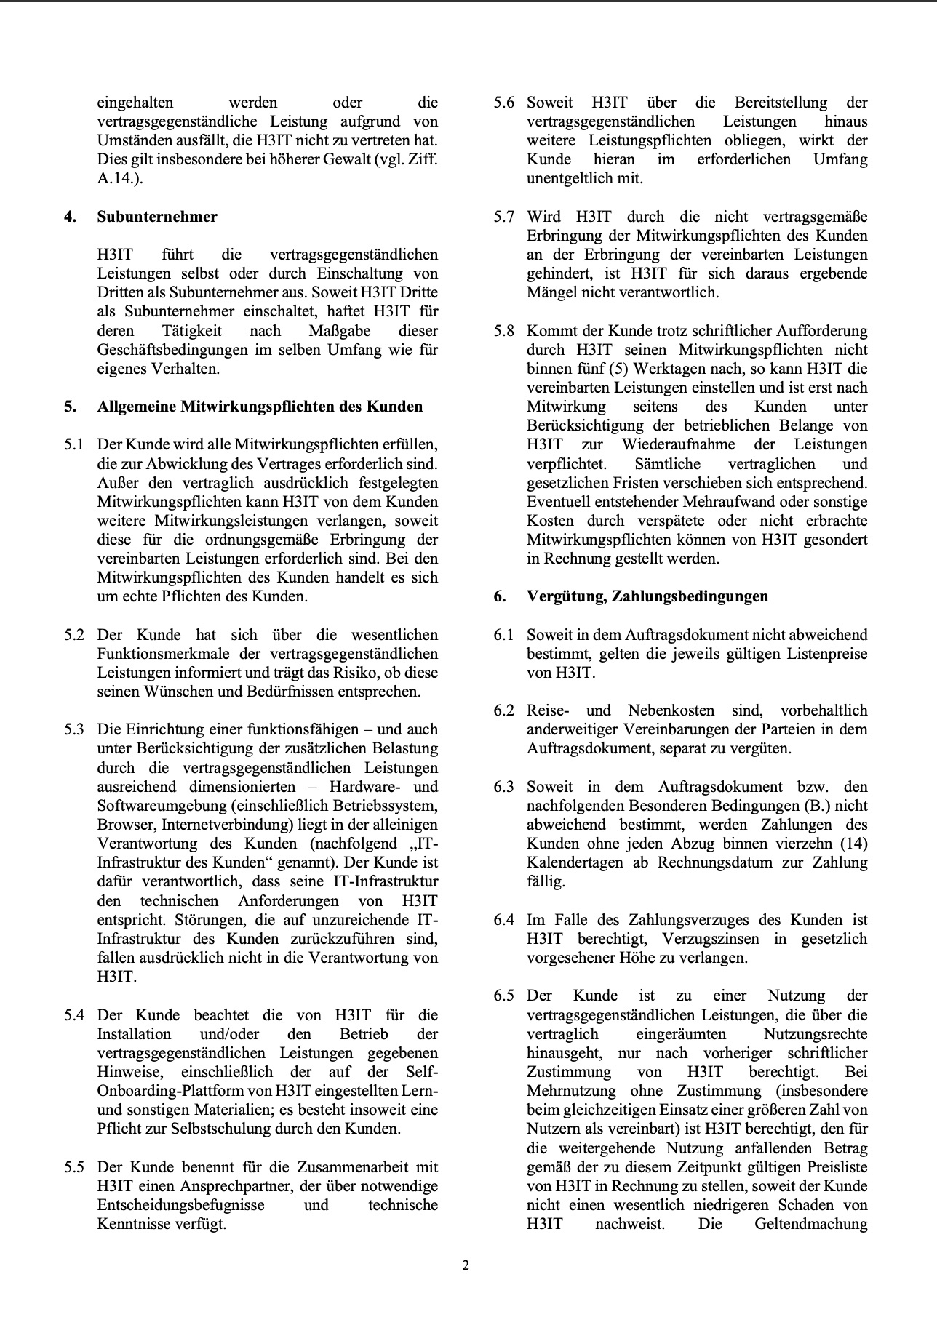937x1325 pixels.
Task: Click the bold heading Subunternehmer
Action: [x=157, y=217]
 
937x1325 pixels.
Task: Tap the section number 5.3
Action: [x=74, y=729]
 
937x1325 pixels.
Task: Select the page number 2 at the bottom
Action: [x=466, y=1265]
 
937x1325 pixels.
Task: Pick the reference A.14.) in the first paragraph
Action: [x=119, y=178]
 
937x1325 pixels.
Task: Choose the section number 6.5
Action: [x=503, y=996]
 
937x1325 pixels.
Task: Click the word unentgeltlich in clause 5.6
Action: [x=572, y=178]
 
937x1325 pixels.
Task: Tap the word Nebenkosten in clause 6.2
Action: [x=662, y=710]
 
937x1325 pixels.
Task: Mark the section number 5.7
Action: [x=503, y=217]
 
